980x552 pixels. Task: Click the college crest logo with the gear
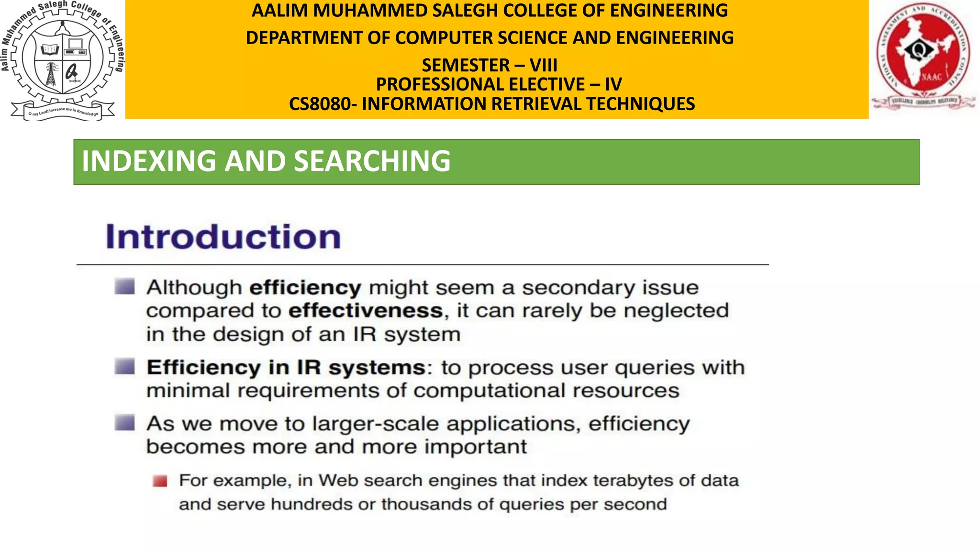62,60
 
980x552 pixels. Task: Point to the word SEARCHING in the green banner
372,161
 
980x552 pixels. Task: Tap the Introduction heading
223,237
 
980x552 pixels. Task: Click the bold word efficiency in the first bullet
305,287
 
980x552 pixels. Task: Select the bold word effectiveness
366,310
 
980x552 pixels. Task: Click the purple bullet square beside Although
125,287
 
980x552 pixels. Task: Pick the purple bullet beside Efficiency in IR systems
125,367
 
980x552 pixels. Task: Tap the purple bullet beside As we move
125,423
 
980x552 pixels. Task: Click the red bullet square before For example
160,481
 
